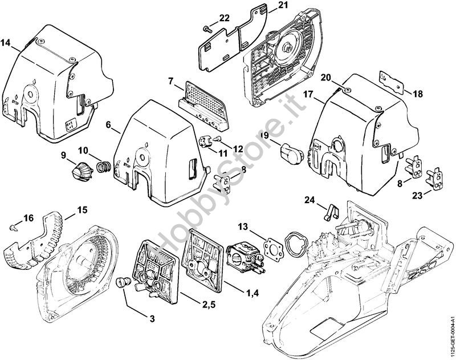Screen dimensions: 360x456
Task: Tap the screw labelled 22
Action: pyautogui.click(x=206, y=27)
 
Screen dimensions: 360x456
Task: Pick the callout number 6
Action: pyautogui.click(x=108, y=124)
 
